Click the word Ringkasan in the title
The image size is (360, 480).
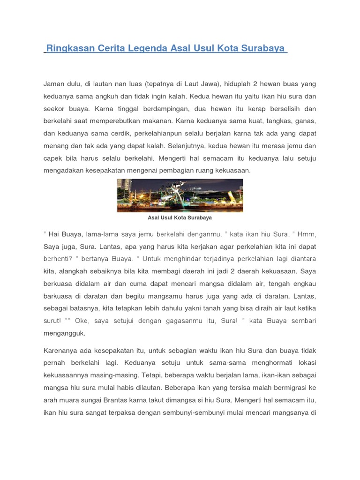tap(68, 48)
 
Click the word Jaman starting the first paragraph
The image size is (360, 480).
tap(54, 84)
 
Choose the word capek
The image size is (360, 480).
tap(52, 158)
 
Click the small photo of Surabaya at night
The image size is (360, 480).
tap(180, 195)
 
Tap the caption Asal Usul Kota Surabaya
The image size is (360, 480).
tap(180, 218)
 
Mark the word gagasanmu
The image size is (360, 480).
tap(185, 321)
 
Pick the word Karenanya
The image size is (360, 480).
tap(61, 350)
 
